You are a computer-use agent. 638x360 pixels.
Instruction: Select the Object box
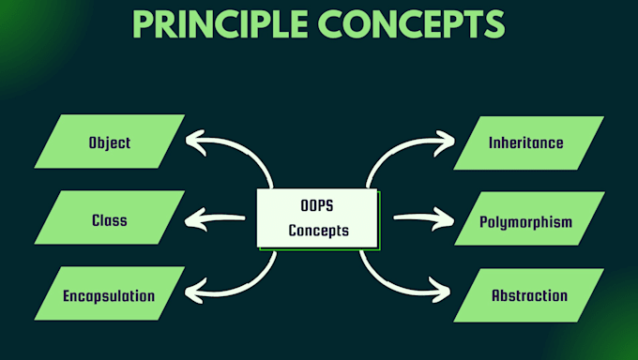coord(110,143)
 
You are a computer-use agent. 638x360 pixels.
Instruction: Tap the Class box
coord(110,220)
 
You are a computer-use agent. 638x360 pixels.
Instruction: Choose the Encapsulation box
coord(109,295)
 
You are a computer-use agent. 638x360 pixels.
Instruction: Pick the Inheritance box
coord(527,143)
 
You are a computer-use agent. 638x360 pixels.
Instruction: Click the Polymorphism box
coord(526,222)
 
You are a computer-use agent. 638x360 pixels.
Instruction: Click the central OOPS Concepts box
coord(317,218)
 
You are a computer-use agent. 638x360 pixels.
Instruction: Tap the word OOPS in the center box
coord(316,206)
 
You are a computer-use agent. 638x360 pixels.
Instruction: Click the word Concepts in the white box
coord(317,231)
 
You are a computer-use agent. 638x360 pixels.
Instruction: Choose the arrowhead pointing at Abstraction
coord(445,292)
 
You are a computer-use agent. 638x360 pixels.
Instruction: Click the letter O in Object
coord(93,143)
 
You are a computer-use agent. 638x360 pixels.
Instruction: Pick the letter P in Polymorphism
coord(484,222)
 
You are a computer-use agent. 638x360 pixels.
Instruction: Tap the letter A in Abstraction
coord(496,295)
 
